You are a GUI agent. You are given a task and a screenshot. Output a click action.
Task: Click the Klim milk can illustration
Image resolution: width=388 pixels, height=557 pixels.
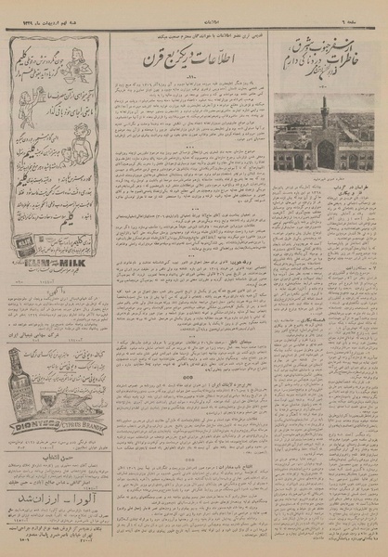25,251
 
